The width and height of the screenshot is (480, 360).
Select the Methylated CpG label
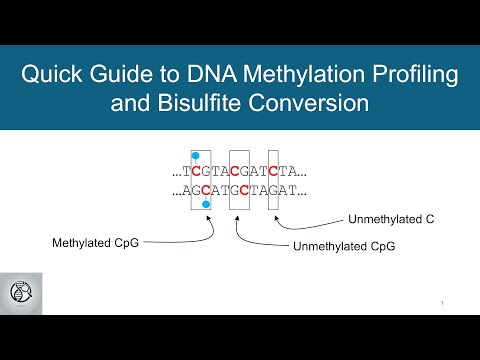pos(95,242)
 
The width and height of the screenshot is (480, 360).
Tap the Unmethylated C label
pos(386,218)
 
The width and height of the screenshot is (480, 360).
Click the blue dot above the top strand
pos(197,157)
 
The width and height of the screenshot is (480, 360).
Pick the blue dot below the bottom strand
pos(206,204)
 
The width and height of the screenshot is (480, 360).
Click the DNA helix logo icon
pos(20,292)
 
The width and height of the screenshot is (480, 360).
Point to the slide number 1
pos(441,303)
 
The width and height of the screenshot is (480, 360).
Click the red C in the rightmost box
pos(274,171)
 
